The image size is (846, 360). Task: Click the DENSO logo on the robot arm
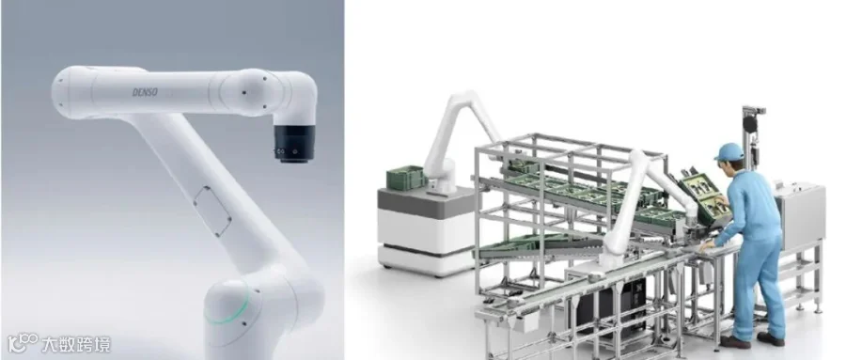(145, 92)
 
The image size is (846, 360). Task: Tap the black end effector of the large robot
(294, 144)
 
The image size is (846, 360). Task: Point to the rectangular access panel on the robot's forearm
(212, 211)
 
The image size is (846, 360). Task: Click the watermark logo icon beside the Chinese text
(23, 342)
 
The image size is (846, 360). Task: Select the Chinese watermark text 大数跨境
(76, 344)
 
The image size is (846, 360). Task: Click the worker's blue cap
(728, 151)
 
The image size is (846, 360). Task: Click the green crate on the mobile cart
(406, 178)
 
